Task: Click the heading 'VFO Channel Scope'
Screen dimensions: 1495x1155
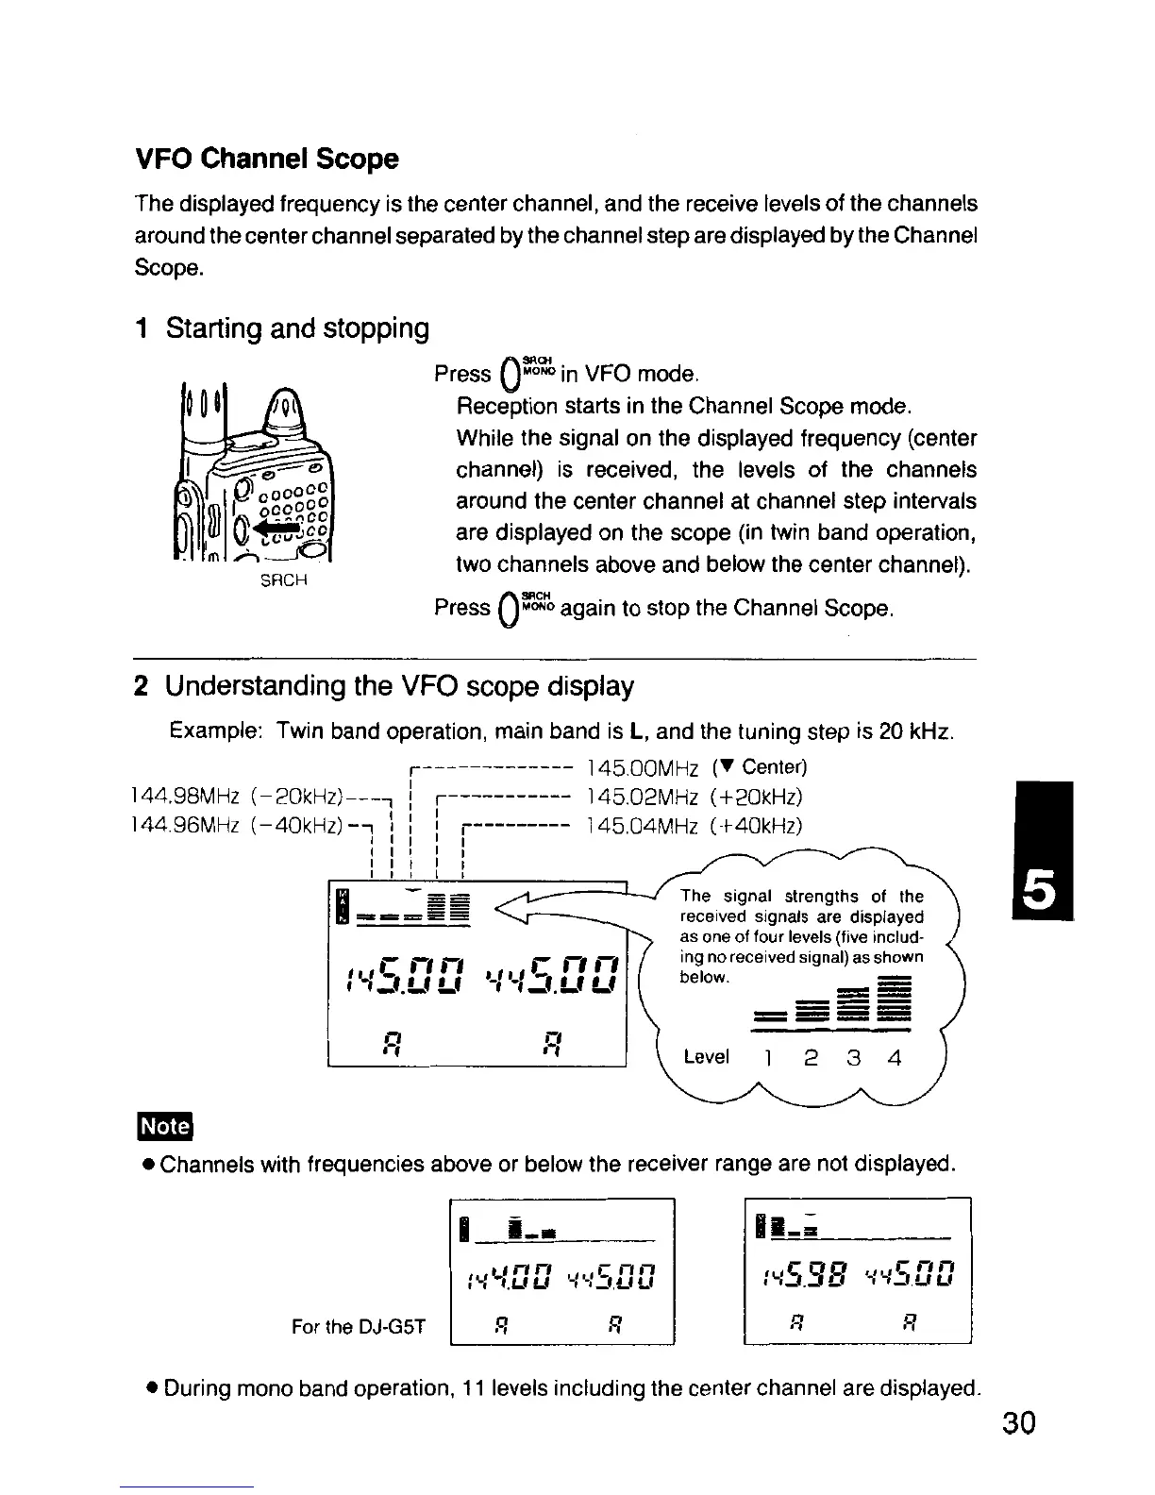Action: tap(266, 159)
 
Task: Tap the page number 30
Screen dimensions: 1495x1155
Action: tap(1018, 1421)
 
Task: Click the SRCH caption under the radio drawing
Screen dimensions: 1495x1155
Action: tap(284, 580)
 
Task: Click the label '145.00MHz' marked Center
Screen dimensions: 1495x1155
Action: tap(643, 766)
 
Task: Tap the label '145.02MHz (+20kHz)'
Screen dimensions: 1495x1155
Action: tap(694, 797)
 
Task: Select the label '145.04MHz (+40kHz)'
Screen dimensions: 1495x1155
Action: tap(694, 827)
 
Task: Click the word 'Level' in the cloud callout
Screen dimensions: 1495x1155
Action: tap(706, 1057)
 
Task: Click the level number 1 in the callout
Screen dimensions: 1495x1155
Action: tap(769, 1058)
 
